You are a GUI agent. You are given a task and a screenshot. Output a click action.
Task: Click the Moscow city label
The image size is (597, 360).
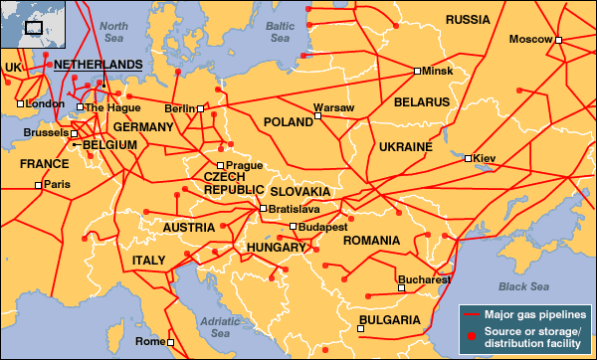(529, 40)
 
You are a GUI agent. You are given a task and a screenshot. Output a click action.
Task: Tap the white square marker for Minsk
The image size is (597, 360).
(417, 72)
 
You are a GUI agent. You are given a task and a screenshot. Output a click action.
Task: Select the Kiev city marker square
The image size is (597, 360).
(467, 157)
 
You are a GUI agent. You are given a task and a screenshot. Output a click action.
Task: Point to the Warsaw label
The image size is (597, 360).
(333, 106)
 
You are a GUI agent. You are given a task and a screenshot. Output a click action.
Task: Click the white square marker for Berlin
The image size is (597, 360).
(200, 108)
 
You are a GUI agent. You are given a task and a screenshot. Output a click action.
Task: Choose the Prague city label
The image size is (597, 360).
(244, 165)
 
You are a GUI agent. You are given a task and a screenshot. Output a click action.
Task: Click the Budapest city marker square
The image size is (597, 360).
(293, 227)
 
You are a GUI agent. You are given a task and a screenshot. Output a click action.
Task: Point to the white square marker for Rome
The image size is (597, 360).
(169, 342)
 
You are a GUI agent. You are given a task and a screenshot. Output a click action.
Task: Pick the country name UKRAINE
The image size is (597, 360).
(405, 147)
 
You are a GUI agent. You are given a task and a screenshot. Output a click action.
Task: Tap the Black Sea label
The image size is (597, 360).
(525, 286)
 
